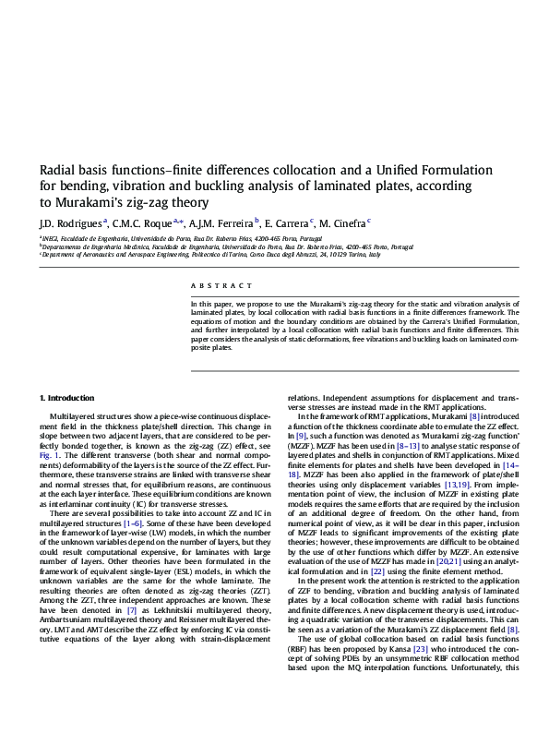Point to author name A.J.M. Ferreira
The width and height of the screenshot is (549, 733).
click(x=221, y=222)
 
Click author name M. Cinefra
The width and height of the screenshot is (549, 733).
click(x=340, y=222)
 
